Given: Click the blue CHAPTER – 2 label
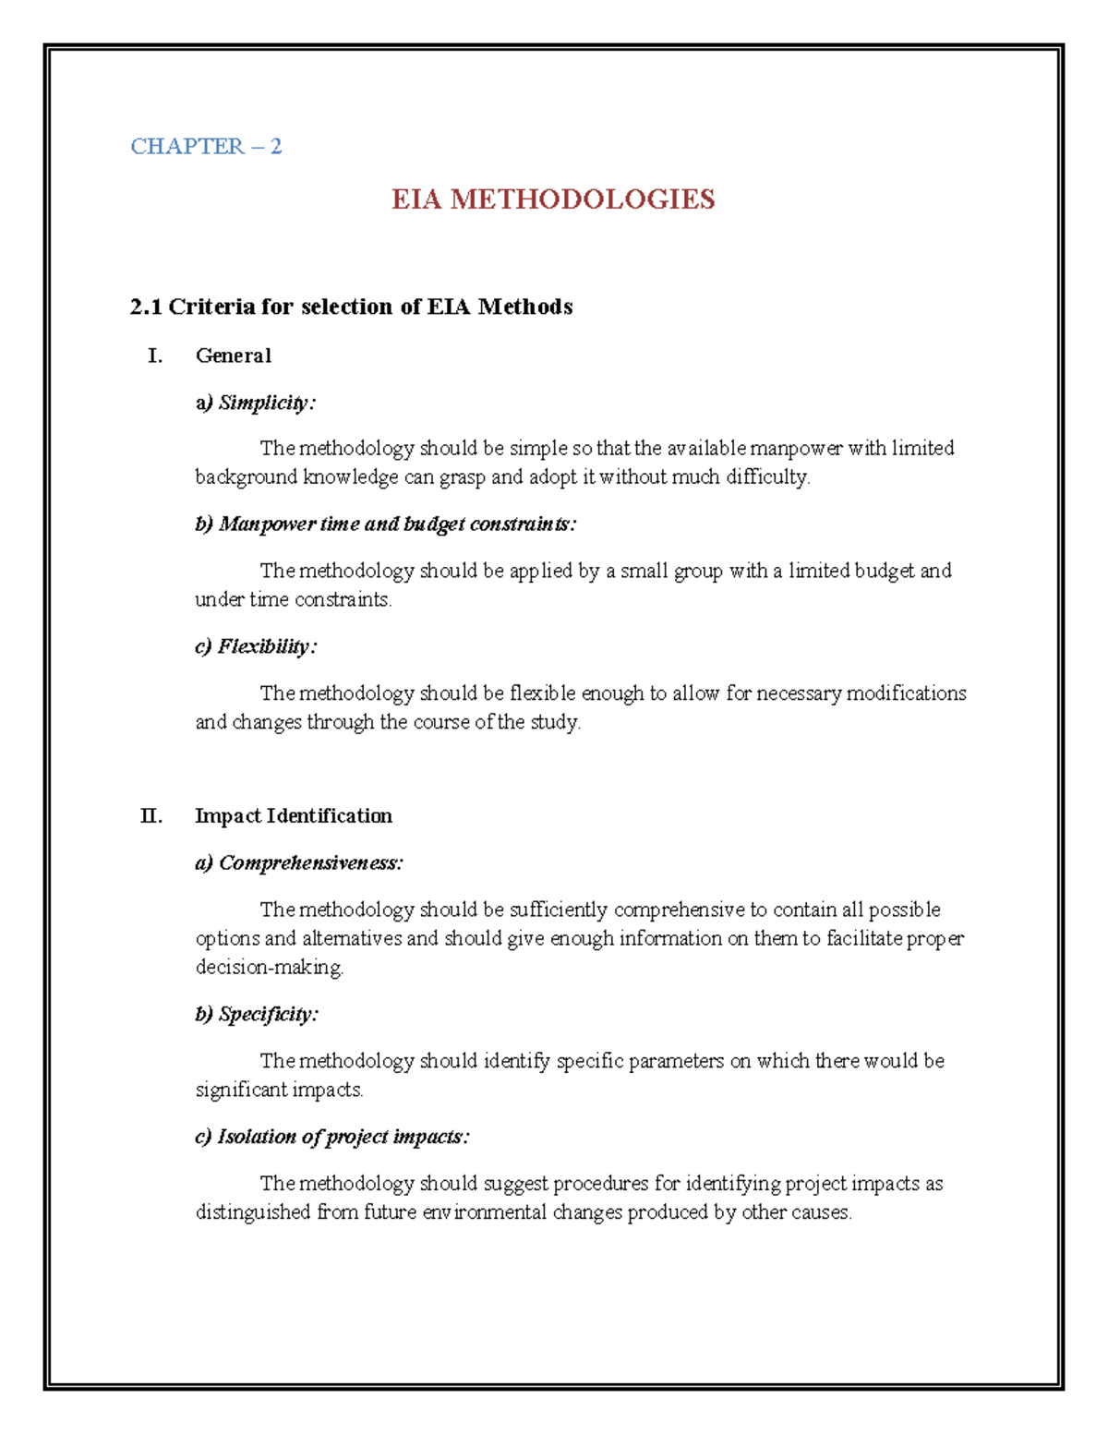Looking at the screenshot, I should (206, 146).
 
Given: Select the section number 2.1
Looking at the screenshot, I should (146, 307).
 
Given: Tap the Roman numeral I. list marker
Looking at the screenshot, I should (155, 355).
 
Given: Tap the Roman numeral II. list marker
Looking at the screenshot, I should (151, 815).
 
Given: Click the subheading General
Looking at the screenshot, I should (234, 355).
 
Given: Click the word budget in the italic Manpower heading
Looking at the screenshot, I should (434, 524).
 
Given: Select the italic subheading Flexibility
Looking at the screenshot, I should (266, 646).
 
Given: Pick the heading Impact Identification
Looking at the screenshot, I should (294, 815).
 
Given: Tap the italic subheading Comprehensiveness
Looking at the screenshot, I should (310, 862).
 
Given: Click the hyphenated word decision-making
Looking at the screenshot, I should (269, 968).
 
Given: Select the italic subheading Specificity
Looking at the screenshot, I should (268, 1014).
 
